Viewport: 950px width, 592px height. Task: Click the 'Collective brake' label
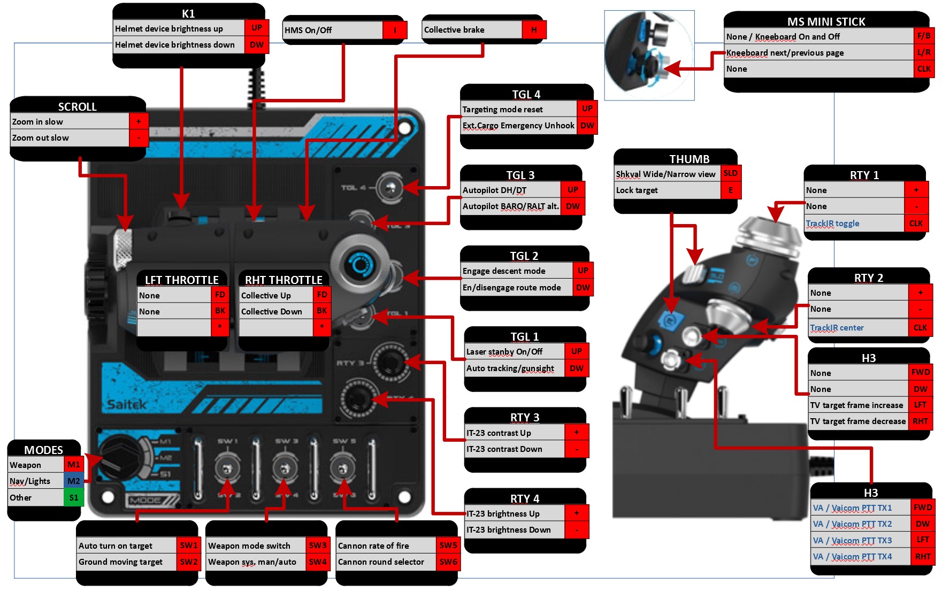click(454, 30)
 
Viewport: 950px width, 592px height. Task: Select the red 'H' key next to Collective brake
click(533, 30)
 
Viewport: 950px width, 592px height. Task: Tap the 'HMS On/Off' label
click(308, 30)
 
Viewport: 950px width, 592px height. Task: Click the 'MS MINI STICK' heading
click(826, 21)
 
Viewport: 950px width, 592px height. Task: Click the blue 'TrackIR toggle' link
click(832, 224)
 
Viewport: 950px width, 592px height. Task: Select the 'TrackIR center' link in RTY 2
click(837, 328)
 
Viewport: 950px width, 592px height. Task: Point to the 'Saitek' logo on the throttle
click(126, 404)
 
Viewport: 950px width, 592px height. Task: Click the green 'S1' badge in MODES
click(74, 498)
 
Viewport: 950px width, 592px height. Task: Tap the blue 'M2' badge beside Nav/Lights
click(74, 481)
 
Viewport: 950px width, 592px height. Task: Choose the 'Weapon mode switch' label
click(249, 546)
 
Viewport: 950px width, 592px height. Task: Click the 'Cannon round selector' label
click(381, 562)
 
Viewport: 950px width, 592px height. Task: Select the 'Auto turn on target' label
click(116, 546)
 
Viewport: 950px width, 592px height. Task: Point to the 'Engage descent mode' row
click(504, 271)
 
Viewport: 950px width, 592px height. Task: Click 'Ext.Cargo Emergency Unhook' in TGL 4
click(518, 126)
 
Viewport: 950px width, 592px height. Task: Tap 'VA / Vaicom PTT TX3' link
click(852, 541)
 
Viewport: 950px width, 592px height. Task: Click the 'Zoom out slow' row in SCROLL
click(41, 138)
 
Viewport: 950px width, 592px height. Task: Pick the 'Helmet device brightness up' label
click(169, 29)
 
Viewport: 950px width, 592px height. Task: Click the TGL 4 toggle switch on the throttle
click(390, 187)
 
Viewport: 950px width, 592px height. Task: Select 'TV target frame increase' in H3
click(856, 405)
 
